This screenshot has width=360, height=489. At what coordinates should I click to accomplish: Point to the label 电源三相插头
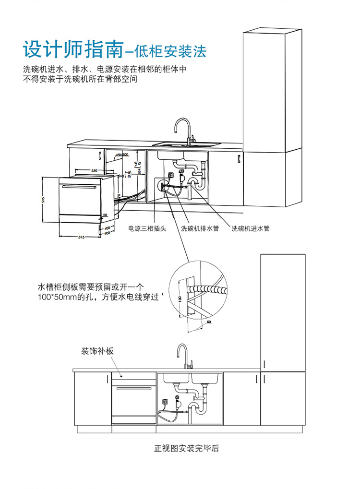[x=147, y=229]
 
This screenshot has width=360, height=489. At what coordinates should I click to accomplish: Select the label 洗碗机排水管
[x=199, y=229]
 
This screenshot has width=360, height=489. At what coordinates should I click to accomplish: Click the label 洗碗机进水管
[x=251, y=229]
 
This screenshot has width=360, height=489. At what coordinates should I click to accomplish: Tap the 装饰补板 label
[x=97, y=351]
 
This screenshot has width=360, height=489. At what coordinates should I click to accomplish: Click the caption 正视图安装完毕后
[x=186, y=449]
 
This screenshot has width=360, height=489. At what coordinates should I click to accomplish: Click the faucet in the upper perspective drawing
[x=183, y=130]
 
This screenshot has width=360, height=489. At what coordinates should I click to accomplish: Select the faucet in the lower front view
[x=184, y=355]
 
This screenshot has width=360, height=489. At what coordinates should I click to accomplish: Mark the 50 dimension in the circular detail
[x=209, y=322]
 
